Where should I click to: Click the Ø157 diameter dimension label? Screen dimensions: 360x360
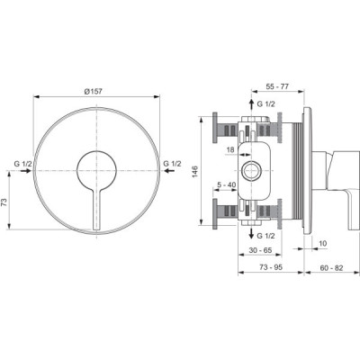click(93, 92)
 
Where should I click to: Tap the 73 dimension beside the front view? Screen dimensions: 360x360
click(4, 203)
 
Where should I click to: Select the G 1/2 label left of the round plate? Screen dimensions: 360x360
click(22, 164)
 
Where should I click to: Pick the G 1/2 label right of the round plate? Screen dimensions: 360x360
click(172, 164)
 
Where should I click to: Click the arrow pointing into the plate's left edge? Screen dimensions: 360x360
click(26, 171)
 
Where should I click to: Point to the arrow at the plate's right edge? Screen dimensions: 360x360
click(170, 171)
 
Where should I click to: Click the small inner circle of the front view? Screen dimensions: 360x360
click(96, 170)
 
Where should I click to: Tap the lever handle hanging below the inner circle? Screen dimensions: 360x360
click(96, 210)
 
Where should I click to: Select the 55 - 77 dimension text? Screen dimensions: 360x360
click(277, 86)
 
